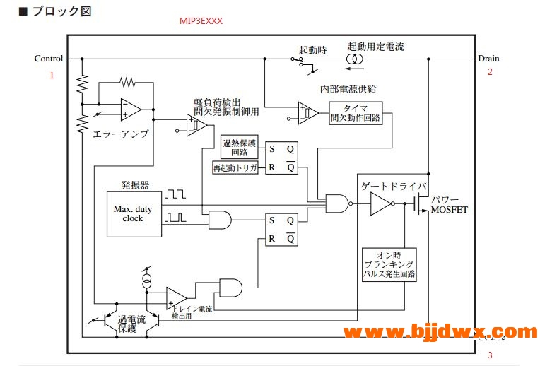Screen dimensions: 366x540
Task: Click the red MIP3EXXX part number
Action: (201, 21)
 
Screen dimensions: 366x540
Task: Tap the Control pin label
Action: (49, 59)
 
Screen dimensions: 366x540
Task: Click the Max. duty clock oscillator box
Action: (132, 213)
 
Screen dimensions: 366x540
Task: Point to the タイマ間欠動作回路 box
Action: (356, 112)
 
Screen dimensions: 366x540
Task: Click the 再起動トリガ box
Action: (235, 167)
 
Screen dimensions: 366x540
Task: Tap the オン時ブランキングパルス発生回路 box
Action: (389, 265)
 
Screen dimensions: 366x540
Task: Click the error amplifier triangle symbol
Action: (130, 110)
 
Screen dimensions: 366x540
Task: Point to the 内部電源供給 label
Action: (348, 89)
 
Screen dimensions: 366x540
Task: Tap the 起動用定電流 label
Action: (376, 47)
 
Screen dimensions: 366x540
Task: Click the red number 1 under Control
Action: (52, 75)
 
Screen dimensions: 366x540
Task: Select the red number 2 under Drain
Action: (489, 71)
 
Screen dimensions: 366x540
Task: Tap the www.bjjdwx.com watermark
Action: (441, 331)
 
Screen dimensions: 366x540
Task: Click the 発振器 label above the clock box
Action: (135, 185)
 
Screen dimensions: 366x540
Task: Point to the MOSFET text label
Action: (450, 210)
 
